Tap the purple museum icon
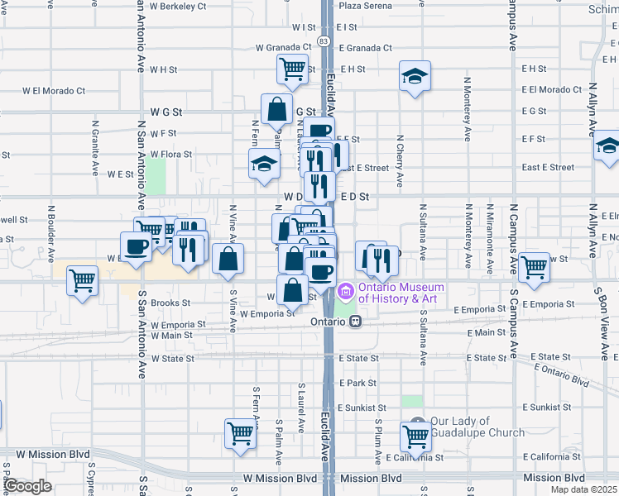346,292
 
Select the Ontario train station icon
355,322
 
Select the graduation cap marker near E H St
415,77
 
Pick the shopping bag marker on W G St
276,109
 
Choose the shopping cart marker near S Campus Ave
534,267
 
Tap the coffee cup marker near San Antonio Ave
136,246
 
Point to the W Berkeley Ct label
178,7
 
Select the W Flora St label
170,154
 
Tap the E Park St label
358,384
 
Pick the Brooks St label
171,303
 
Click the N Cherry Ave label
399,161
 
